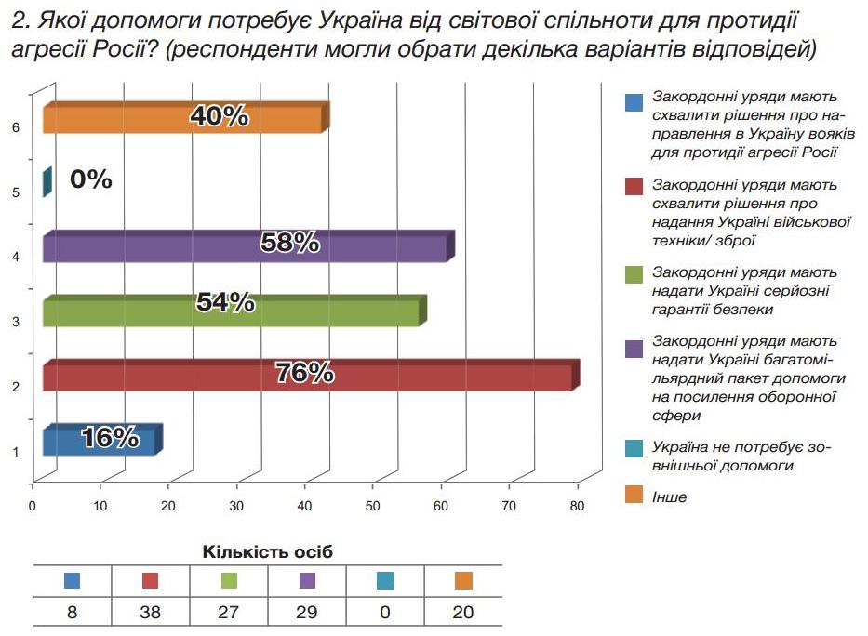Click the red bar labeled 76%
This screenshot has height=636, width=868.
point(307,376)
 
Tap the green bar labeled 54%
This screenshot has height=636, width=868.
point(233,311)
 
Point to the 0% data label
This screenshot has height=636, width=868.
point(91,179)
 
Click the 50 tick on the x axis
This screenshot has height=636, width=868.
point(372,506)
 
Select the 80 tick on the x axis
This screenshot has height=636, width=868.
point(576,506)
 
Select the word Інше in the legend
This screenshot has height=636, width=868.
point(670,497)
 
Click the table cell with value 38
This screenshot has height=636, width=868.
point(150,613)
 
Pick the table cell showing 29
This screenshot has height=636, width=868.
point(306,613)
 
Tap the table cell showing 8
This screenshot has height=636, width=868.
point(72,613)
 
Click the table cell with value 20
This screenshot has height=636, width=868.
point(462,613)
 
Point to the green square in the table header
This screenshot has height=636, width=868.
point(228,581)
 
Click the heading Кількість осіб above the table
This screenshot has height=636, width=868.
point(268,552)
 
